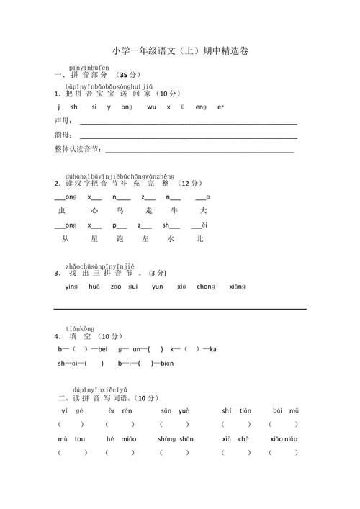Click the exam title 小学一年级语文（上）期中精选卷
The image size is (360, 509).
point(180,51)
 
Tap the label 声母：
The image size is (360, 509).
point(63,121)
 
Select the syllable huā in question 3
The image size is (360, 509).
point(94,287)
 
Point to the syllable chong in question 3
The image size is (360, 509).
point(206,287)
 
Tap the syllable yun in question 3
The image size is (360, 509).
point(157,287)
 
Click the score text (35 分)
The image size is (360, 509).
point(128,75)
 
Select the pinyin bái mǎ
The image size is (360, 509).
point(286,410)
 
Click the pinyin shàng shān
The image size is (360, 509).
point(176,438)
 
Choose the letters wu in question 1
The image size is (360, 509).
point(150,107)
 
